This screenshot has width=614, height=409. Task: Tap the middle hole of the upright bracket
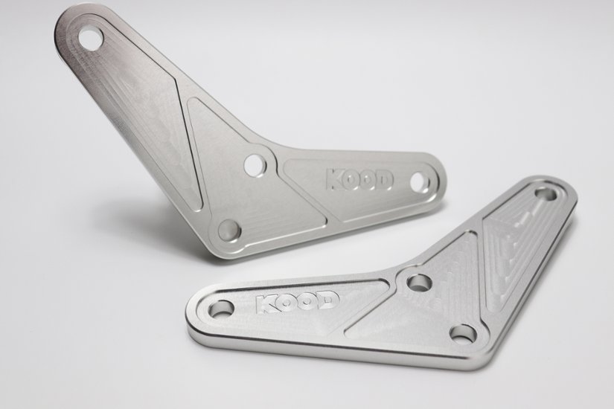[x=255, y=164]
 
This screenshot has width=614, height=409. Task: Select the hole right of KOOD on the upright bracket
[x=420, y=181]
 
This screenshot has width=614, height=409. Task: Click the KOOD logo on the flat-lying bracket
[x=297, y=303]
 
